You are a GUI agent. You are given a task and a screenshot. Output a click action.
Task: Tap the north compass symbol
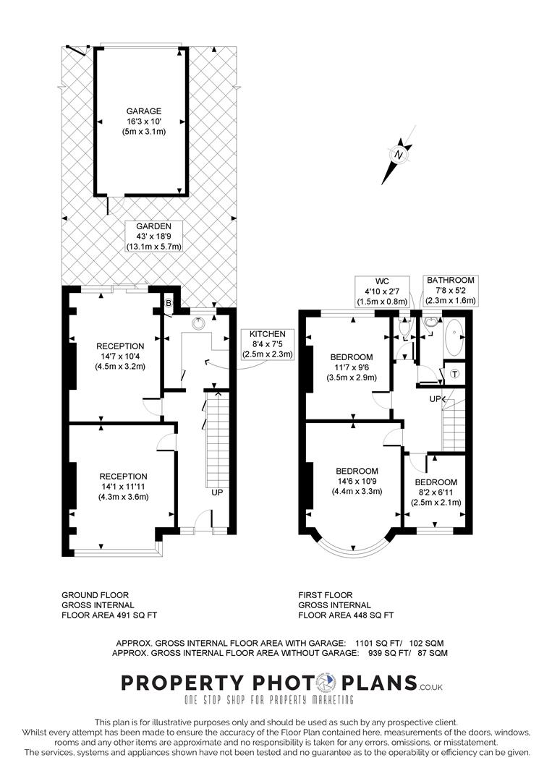pos(398,154)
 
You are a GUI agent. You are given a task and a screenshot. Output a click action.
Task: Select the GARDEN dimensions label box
pos(153,236)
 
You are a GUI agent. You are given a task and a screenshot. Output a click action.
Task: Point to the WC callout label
pos(381,291)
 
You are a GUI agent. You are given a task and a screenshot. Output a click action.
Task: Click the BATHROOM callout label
pos(450,290)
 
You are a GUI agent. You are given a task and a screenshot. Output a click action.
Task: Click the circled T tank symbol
pos(454,373)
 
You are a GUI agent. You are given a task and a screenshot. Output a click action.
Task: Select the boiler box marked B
pos(169,304)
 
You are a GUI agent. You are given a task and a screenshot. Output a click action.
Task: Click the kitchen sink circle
pos(198,325)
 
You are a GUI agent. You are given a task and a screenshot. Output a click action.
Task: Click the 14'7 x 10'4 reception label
pos(121,356)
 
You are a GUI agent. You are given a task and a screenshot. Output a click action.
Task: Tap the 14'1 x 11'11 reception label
pos(123,486)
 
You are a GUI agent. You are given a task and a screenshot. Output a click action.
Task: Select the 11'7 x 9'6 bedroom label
pos(352,367)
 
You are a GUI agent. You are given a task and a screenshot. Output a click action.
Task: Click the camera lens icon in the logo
pos(328,683)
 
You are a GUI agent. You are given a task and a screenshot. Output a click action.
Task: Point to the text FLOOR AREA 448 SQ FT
pos(346,615)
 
